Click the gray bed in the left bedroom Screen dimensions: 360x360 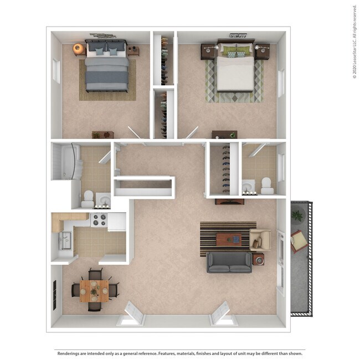(109, 69)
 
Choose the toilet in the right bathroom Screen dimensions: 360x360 (265, 185)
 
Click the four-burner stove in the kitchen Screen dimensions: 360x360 (99, 220)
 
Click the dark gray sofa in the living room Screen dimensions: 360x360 (229, 262)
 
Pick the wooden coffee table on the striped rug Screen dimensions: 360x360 (228, 239)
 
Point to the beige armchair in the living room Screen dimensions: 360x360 (260, 239)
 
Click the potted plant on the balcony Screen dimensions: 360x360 (298, 215)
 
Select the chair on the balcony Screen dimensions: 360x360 (299, 240)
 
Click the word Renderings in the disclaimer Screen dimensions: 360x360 (70, 353)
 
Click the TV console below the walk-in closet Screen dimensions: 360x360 (228, 200)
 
